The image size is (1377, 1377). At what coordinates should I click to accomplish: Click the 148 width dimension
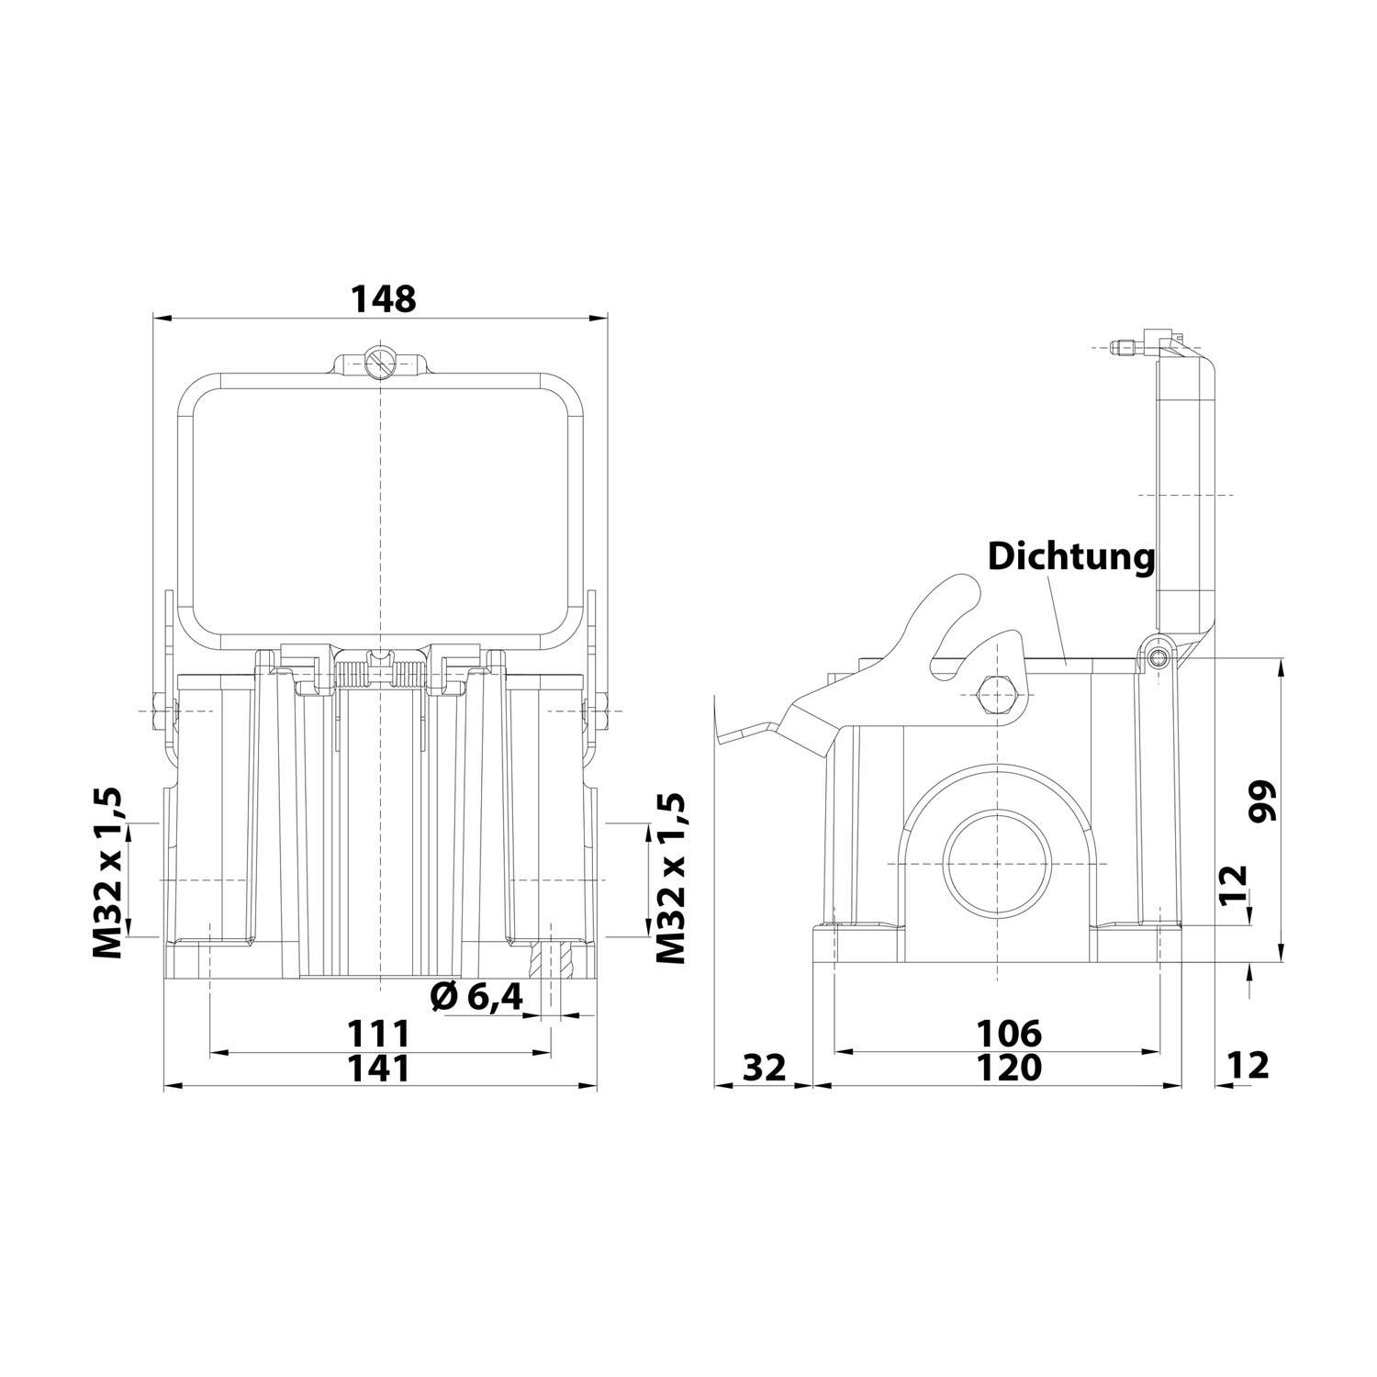point(385,298)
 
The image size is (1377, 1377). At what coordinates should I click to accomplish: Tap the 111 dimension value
point(377,1035)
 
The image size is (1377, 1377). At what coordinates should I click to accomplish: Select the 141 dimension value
point(377,1068)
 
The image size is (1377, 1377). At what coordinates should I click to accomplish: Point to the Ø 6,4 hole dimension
point(476,996)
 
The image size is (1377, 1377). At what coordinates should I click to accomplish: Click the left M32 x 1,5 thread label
point(107,873)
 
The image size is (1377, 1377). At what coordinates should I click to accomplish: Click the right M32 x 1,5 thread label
point(672,879)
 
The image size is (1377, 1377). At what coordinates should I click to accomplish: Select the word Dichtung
point(1070,556)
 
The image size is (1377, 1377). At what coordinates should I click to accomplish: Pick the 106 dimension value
point(1008,1034)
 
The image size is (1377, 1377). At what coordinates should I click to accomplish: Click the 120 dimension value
point(1008,1068)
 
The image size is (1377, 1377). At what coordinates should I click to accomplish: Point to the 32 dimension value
point(764,1068)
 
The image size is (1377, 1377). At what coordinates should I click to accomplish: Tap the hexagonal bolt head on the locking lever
point(997,695)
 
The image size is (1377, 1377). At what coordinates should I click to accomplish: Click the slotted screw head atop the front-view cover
point(379,364)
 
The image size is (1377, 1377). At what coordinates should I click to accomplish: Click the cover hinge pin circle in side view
point(1159,658)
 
